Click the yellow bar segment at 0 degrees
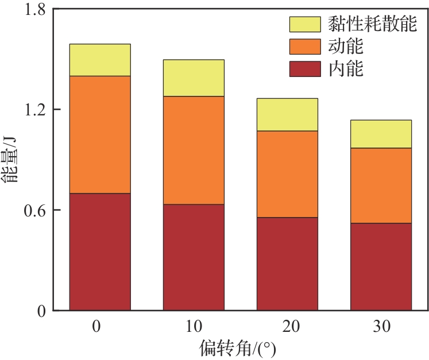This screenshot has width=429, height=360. (x=100, y=60)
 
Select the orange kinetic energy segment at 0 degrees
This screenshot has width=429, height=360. (x=100, y=134)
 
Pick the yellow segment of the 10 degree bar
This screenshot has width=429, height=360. (x=194, y=78)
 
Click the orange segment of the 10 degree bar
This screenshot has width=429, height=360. (x=194, y=150)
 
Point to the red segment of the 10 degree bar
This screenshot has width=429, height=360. (x=194, y=257)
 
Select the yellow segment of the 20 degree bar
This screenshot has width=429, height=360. (x=287, y=114)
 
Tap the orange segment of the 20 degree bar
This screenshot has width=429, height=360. (x=287, y=174)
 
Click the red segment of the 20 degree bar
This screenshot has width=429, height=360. (x=287, y=264)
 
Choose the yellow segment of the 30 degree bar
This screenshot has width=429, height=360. (x=381, y=134)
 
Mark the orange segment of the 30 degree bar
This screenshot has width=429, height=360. (x=381, y=185)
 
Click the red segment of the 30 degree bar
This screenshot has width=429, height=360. (x=381, y=266)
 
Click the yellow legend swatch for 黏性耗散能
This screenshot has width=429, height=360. (x=304, y=24)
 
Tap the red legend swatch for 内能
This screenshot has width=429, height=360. (x=304, y=68)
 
